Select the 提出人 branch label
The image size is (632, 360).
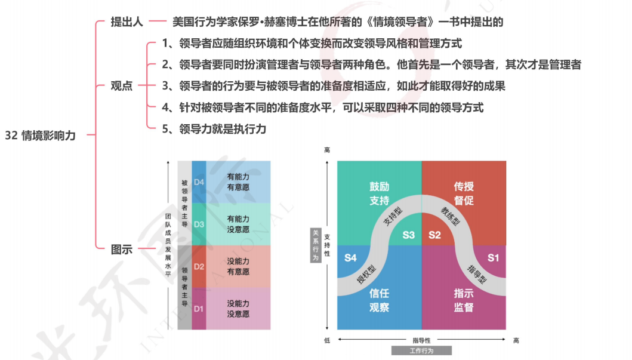tap(127, 22)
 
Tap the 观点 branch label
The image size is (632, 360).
tap(122, 85)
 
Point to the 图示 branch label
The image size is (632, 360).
tap(122, 250)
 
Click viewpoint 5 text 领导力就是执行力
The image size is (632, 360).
tap(214, 128)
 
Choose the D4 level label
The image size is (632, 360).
tap(199, 182)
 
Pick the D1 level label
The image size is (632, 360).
tap(199, 309)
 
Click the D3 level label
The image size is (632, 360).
tap(199, 224)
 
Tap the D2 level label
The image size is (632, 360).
tap(199, 267)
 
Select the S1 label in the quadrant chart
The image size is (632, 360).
tap(493, 258)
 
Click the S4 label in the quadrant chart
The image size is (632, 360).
tap(351, 258)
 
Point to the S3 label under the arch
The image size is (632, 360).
tap(408, 235)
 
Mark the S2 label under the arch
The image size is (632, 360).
tap(434, 235)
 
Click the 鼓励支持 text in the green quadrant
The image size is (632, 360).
tap(380, 194)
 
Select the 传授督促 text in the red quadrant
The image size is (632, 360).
tap(464, 194)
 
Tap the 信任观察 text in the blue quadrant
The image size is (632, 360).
tap(380, 300)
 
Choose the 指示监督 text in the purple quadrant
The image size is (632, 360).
tap(464, 300)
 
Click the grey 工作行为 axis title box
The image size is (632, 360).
tap(421, 350)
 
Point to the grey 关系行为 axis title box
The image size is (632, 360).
tap(316, 245)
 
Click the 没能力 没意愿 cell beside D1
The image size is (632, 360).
tap(238, 309)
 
